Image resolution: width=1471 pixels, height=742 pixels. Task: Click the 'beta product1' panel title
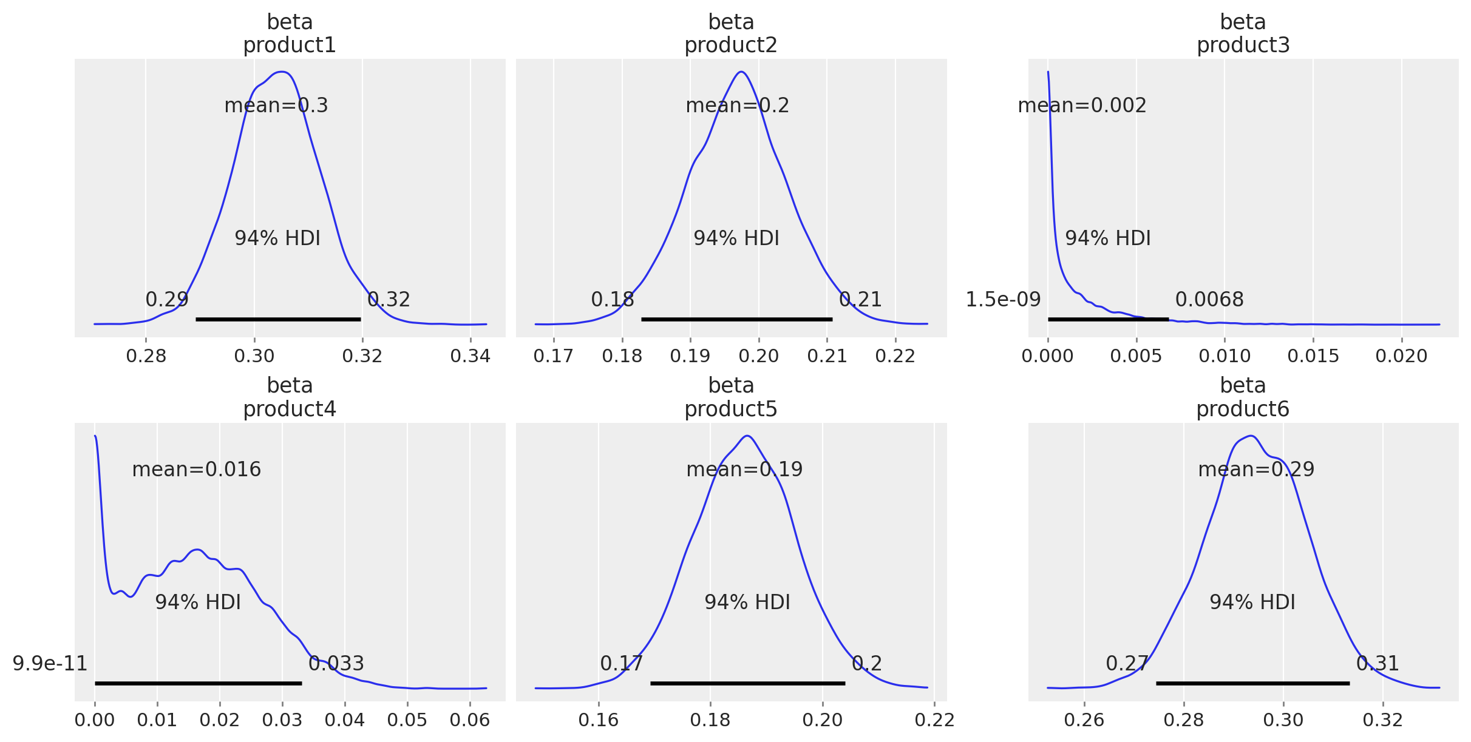(290, 34)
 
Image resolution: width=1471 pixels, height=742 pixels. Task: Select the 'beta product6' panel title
(1243, 397)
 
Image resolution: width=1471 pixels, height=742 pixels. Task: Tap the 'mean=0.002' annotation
(1082, 106)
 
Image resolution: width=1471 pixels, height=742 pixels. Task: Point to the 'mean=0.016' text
(196, 470)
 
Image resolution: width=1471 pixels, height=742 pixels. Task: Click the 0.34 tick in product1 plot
(471, 356)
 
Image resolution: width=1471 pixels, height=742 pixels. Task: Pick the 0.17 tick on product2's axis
(553, 356)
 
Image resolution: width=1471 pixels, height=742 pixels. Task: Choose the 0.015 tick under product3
(1313, 356)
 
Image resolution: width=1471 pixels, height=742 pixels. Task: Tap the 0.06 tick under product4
(470, 720)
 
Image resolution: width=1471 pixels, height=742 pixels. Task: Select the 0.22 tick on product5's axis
(935, 720)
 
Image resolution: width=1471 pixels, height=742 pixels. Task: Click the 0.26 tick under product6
(1084, 720)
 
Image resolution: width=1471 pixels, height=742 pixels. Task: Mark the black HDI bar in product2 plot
(736, 319)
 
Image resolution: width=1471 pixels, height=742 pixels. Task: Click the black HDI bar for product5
(747, 683)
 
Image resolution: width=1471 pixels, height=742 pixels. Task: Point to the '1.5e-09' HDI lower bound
(1003, 300)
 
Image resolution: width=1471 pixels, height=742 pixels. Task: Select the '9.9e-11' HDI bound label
(50, 664)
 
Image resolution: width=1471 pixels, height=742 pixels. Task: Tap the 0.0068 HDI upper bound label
(1209, 300)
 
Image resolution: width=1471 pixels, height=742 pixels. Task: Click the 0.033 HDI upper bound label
(336, 664)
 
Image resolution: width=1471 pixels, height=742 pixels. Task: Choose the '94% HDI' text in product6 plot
(1252, 602)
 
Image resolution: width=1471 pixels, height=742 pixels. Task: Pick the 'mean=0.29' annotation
(1256, 470)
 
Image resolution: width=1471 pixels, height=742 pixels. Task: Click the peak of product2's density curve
(741, 72)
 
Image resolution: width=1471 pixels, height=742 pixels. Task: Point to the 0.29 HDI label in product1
(167, 300)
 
